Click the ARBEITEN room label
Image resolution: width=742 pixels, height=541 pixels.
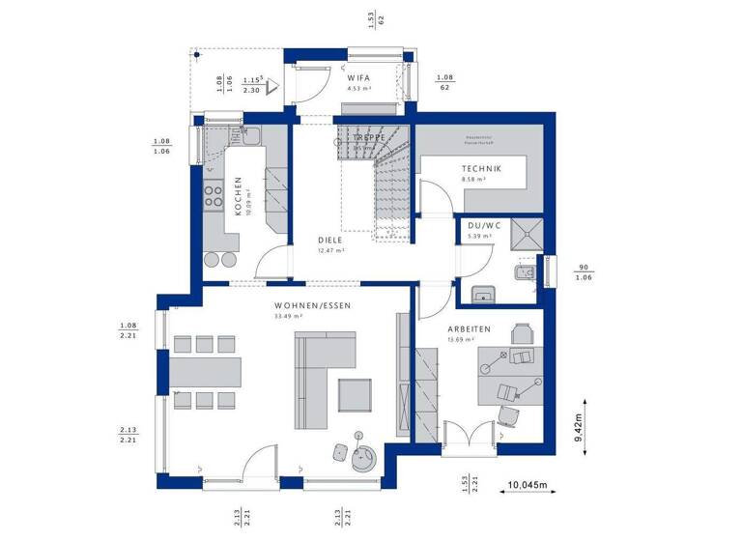[x=469, y=328]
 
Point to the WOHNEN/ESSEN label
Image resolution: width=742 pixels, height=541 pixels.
[x=301, y=305]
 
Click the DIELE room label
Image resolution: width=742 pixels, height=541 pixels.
[x=331, y=240]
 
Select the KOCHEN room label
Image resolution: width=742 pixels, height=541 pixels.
[x=235, y=194]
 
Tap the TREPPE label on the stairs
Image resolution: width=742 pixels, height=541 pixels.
[x=369, y=138]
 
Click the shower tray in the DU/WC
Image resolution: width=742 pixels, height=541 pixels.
[x=527, y=233]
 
